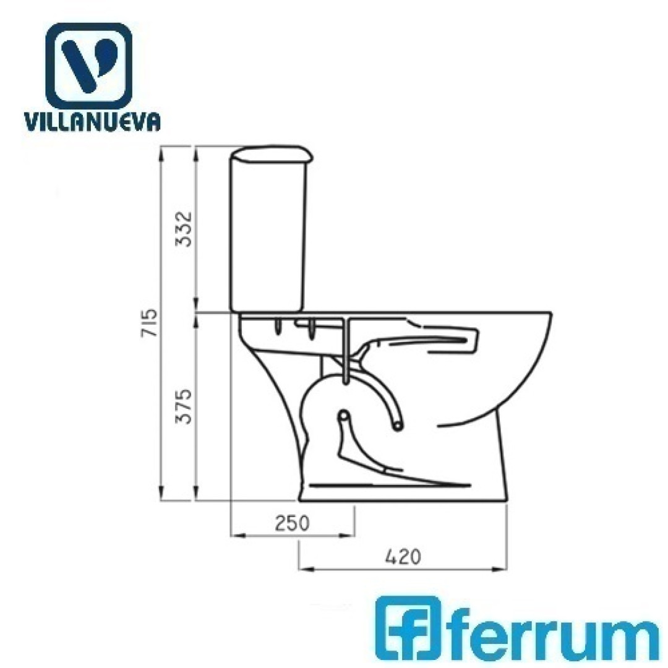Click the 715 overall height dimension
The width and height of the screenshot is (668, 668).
[x=150, y=323]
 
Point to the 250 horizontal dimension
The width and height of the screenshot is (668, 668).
[x=292, y=523]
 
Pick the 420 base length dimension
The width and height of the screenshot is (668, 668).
[x=403, y=557]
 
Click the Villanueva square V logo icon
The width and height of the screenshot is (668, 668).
[x=88, y=66]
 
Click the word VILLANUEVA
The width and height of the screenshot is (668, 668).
[x=92, y=122]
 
